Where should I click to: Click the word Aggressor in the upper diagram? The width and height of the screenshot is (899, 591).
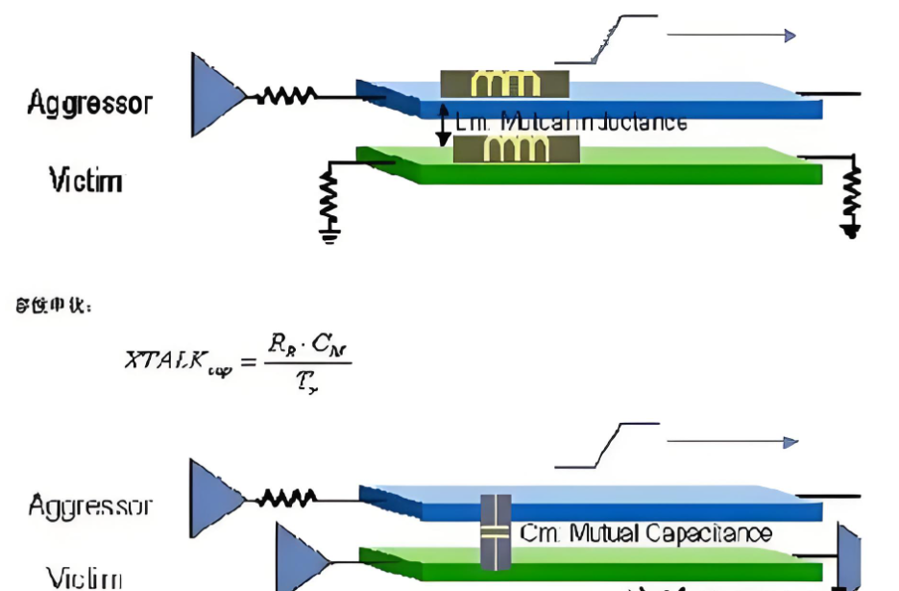89,103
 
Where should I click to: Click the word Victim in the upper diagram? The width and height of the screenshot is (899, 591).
85,180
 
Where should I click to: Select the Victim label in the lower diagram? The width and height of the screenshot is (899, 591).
85,579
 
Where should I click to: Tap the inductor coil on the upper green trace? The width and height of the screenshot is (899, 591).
516,149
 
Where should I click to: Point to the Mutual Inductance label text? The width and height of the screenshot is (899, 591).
572,122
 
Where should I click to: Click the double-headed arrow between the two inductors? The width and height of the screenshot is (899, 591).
443,124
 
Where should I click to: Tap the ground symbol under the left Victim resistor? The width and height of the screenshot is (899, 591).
329,234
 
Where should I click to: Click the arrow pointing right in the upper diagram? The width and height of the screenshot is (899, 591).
731,36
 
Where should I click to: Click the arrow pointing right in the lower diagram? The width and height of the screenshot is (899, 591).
732,442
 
